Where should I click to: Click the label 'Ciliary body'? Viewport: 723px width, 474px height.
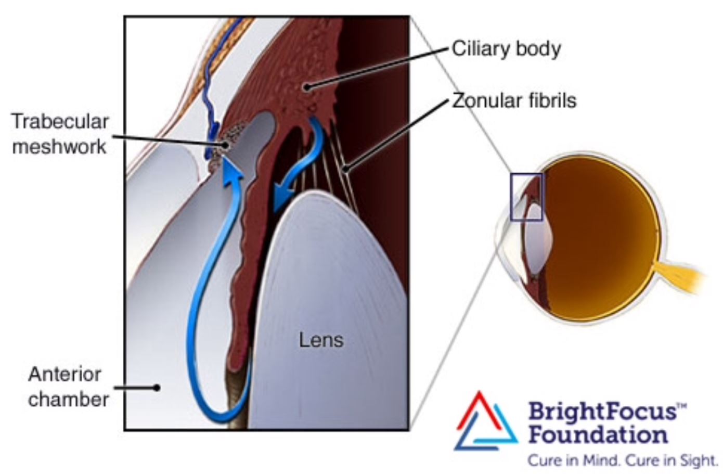click(506, 49)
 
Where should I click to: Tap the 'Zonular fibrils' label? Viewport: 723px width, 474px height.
click(514, 100)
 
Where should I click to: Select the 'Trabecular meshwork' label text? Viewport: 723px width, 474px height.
click(60, 134)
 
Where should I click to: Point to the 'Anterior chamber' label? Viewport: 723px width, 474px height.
click(68, 387)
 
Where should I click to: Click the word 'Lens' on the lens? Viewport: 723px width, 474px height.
click(321, 340)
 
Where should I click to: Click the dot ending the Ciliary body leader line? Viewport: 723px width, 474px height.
click(307, 87)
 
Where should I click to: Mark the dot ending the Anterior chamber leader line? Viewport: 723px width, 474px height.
click(157, 388)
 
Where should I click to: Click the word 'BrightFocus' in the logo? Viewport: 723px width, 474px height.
click(603, 411)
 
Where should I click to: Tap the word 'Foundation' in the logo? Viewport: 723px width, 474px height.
click(598, 434)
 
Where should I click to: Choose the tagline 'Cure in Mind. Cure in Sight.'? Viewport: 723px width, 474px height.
click(622, 460)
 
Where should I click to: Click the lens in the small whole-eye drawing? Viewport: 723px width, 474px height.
click(533, 239)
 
